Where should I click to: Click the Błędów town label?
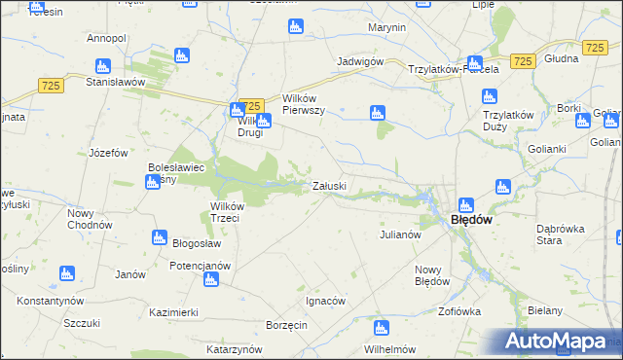[471, 220]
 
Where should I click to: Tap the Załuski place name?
[328, 186]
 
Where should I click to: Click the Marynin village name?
[387, 27]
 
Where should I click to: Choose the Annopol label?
[107, 38]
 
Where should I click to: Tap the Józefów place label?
[109, 153]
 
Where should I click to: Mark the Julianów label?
[399, 234]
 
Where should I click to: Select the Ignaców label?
[325, 301]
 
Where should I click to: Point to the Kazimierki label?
[174, 312]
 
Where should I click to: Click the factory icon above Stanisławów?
[103, 66]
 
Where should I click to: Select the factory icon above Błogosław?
[160, 237]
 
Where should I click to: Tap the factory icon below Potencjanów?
[211, 281]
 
